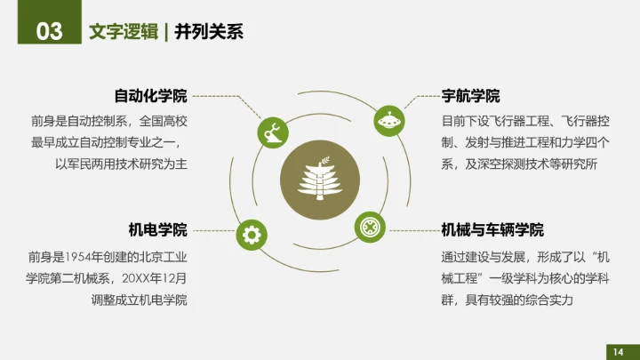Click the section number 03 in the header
[49, 32]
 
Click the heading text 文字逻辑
[121, 32]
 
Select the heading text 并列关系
[209, 32]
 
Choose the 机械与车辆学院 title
[492, 230]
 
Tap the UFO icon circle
[387, 118]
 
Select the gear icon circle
[251, 235]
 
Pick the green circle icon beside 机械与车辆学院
[369, 227]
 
